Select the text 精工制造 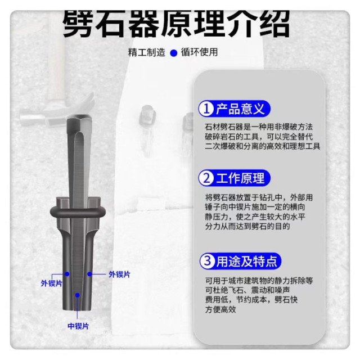[x=147, y=52]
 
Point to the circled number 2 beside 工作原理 [x=207, y=179]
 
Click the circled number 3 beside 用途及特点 [x=207, y=261]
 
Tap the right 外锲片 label [x=119, y=274]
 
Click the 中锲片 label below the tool [x=78, y=326]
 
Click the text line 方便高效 [x=220, y=309]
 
